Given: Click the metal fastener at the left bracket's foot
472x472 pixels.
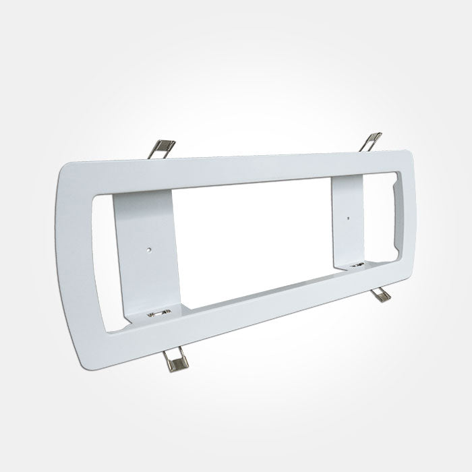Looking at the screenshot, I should [x=156, y=314].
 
